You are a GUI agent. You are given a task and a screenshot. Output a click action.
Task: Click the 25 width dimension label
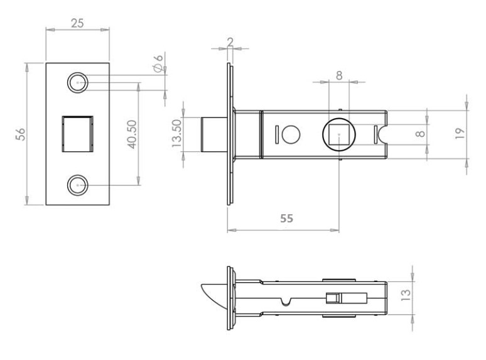coord(77,23)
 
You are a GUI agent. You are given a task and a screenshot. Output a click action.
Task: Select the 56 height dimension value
coord(21,134)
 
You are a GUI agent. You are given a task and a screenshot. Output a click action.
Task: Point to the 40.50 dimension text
coord(132,134)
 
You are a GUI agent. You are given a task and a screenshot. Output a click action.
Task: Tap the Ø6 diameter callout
coord(158,63)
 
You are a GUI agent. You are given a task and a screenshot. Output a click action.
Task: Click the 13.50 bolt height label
coord(176,133)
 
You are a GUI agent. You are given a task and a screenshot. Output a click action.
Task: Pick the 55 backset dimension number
coord(286,218)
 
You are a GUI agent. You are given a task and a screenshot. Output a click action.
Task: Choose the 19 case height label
coord(460,134)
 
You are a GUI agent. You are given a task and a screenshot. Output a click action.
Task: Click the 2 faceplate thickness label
coord(230,42)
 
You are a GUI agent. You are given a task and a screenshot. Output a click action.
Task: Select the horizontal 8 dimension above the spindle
coord(339,75)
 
